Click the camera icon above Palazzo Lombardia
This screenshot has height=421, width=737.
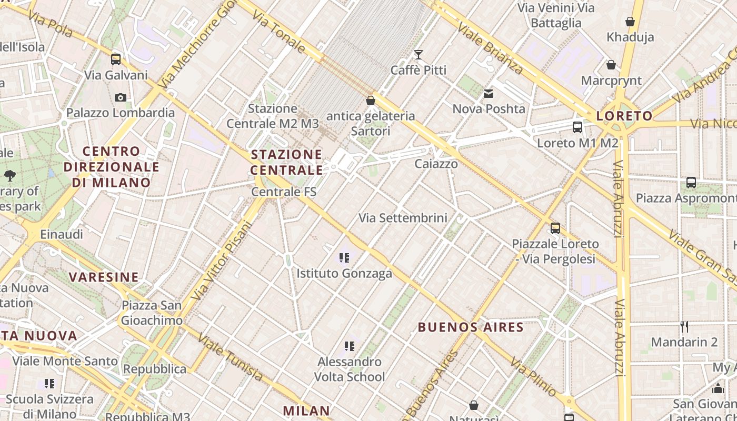pyautogui.click(x=120, y=97)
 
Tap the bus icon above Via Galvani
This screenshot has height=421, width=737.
pyautogui.click(x=116, y=59)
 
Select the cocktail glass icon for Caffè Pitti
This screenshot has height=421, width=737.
pyautogui.click(x=419, y=54)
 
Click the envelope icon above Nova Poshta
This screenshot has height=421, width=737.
pyautogui.click(x=489, y=94)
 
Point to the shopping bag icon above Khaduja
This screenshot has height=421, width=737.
pyautogui.click(x=630, y=22)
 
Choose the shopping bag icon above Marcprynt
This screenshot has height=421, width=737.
pyautogui.click(x=611, y=65)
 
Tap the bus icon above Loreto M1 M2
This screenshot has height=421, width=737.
pyautogui.click(x=577, y=127)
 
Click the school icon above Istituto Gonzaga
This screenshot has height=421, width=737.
pyautogui.click(x=344, y=258)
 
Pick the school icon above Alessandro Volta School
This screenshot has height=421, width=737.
pyautogui.click(x=350, y=346)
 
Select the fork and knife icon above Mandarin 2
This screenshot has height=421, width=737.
pyautogui.click(x=684, y=326)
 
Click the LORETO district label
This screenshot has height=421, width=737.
pyautogui.click(x=624, y=116)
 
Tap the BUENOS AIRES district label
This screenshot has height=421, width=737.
pyautogui.click(x=471, y=327)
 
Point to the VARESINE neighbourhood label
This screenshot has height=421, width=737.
pyautogui.click(x=104, y=277)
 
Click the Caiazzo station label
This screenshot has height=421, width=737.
pyautogui.click(x=436, y=164)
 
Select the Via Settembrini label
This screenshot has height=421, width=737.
pyautogui.click(x=403, y=217)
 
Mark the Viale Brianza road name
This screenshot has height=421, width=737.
pyautogui.click(x=490, y=48)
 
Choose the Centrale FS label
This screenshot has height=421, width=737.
pyautogui.click(x=284, y=192)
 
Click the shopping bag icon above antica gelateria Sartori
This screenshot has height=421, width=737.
pyautogui.click(x=371, y=100)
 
